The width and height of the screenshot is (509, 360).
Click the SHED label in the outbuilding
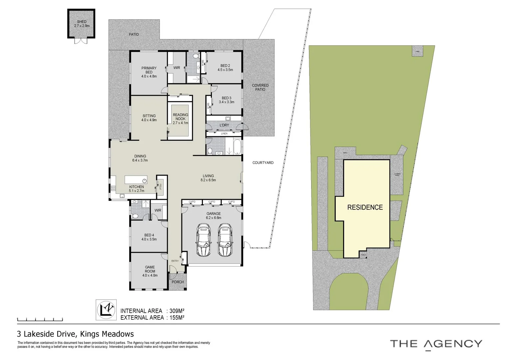(x=82, y=22)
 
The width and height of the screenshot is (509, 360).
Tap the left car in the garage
(x=203, y=240)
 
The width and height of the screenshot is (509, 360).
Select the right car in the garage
(x=225, y=240)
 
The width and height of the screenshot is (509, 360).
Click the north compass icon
(x=106, y=310)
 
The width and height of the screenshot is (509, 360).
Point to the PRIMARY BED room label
(x=149, y=70)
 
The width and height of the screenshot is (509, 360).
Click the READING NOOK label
(x=180, y=117)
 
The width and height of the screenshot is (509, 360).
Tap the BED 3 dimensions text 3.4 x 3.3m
(x=227, y=102)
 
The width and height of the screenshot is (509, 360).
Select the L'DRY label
(x=224, y=125)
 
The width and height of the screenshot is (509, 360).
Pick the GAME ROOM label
(x=150, y=269)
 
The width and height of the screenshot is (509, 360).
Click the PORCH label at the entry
(x=178, y=282)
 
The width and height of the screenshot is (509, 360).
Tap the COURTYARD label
(x=263, y=163)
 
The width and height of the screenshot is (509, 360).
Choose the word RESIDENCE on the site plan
(x=365, y=207)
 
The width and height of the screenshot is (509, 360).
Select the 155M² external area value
(x=177, y=318)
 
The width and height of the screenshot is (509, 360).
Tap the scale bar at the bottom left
(x=40, y=320)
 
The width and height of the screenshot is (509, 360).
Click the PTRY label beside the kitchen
(x=161, y=186)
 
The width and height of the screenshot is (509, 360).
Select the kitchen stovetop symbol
(x=113, y=189)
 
